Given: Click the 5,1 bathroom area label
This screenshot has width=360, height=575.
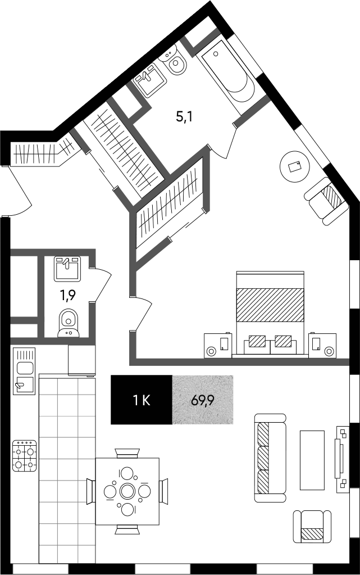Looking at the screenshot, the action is [x=184, y=117].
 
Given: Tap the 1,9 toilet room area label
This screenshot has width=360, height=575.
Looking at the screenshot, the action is [x=68, y=295].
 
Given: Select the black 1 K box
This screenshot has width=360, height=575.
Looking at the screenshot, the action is [x=142, y=400].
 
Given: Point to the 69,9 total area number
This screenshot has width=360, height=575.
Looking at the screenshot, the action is [x=202, y=400].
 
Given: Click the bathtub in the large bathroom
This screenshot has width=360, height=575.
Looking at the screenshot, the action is [x=228, y=76].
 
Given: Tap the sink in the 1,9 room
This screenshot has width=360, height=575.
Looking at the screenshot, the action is [x=67, y=269].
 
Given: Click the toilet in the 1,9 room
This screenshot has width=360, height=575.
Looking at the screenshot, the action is [x=68, y=323].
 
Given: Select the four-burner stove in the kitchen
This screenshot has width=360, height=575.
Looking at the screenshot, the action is [x=25, y=456].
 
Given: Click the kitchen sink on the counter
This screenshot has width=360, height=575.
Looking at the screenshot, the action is [x=24, y=371].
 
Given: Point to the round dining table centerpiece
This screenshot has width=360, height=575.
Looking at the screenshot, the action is [x=127, y=491].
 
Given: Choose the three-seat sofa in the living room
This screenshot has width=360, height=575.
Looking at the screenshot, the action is [x=270, y=458].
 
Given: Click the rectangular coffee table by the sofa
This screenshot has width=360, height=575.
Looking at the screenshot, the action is [x=312, y=460].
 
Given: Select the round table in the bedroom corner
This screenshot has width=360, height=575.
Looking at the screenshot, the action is [x=295, y=167].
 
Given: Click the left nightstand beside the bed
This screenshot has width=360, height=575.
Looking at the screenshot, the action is [x=218, y=345].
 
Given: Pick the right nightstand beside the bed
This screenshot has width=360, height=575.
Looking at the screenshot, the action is [x=322, y=345].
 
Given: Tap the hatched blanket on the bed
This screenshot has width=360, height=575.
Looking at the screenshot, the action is [x=271, y=305].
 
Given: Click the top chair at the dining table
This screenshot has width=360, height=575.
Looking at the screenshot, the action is [x=127, y=453].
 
